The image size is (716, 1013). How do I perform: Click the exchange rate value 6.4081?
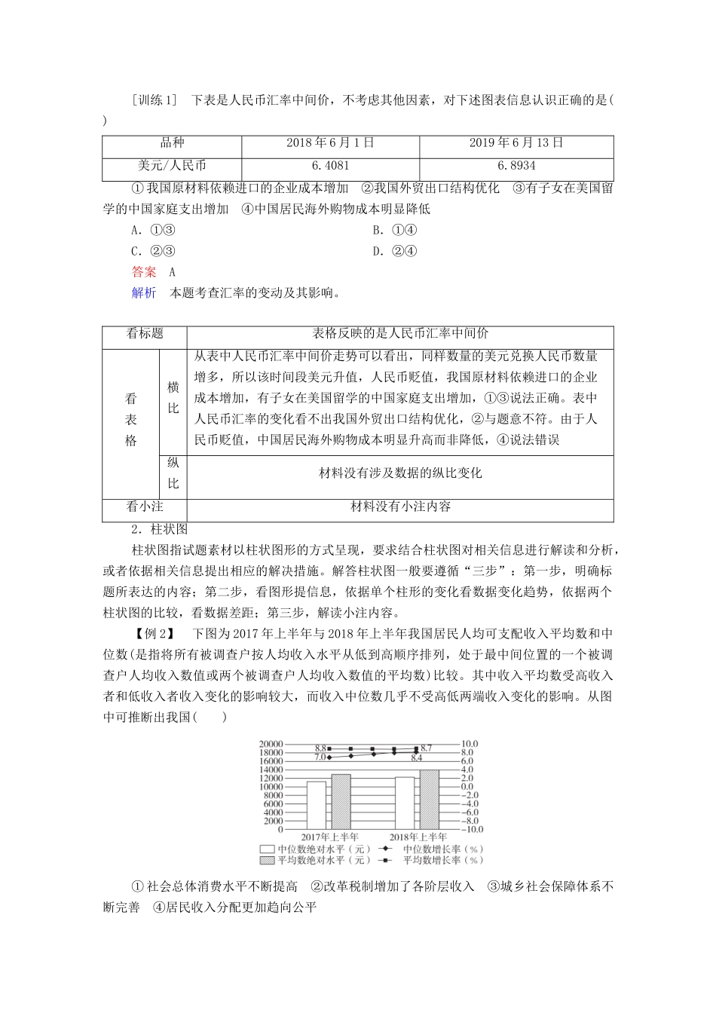tap(329, 165)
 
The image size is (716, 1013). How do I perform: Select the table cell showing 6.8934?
tap(516, 165)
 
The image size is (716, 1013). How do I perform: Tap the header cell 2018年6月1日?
tap(329, 143)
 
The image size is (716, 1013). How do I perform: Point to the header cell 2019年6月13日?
tap(516, 143)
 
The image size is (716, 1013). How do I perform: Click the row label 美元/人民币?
tap(172, 165)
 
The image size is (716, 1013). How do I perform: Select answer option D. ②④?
tap(395, 252)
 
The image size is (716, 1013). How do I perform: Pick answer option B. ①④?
tap(395, 231)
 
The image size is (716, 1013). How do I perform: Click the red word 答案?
tap(144, 272)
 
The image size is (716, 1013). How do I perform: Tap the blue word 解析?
tap(144, 293)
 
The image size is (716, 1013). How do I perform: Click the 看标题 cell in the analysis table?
tap(145, 333)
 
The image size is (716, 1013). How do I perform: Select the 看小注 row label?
tap(145, 507)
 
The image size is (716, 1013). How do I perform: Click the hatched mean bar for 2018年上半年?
tap(430, 799)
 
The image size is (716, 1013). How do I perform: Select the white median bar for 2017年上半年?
tap(317, 805)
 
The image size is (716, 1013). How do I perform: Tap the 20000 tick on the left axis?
tap(270, 744)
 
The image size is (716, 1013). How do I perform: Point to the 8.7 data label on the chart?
tap(427, 748)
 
